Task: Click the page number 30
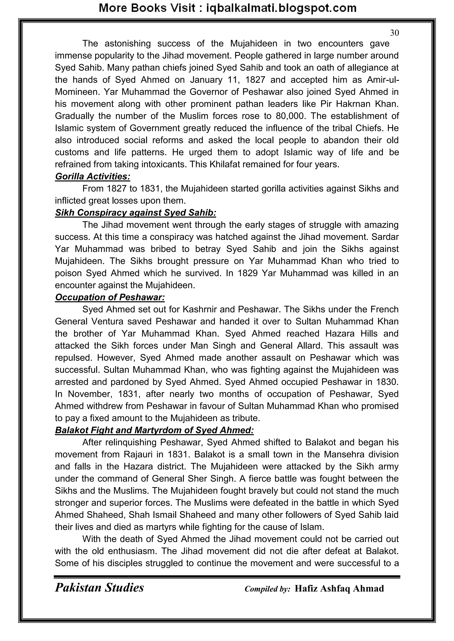tap(394, 33)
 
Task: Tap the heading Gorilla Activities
tap(92, 176)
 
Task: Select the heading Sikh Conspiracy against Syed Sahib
tap(136, 213)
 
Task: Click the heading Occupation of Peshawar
tap(110, 297)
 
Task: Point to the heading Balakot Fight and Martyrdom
tap(154, 430)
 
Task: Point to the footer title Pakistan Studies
tap(99, 588)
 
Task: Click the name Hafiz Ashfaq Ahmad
tap(339, 589)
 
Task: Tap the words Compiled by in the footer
tap(267, 589)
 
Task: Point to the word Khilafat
tap(225, 165)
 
